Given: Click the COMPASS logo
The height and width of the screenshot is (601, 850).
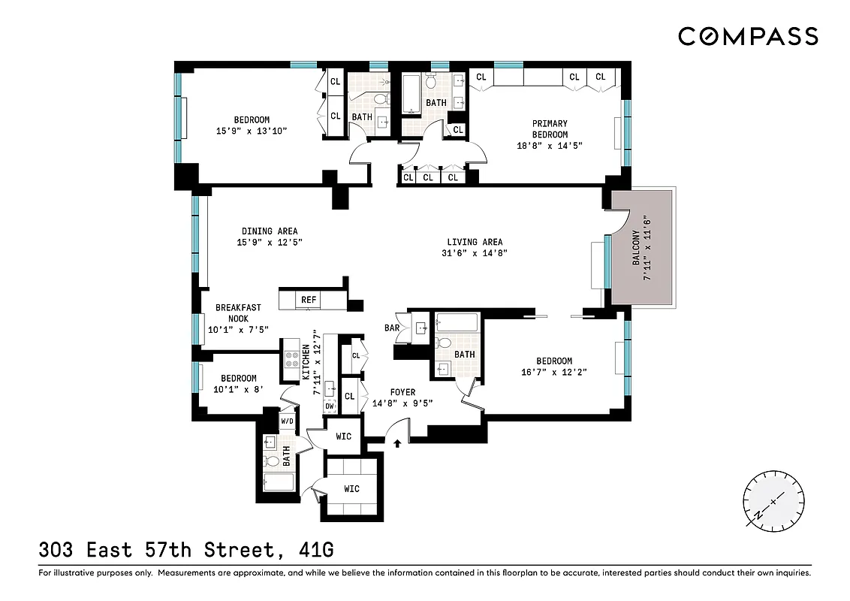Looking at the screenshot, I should point(748,35).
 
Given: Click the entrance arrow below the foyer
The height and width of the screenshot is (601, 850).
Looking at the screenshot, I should point(397,444).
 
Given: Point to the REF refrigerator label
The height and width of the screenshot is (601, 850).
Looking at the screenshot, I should point(309,300).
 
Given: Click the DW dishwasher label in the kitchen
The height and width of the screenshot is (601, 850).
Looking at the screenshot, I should point(329,406).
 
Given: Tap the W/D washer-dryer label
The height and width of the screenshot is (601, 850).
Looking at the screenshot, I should point(287,421).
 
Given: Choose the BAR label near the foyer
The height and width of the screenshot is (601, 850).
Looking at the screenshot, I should point(391,328).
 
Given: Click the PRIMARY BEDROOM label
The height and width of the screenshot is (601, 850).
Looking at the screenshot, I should point(550,128).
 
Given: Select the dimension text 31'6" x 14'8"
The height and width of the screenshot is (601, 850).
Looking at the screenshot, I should point(475,253).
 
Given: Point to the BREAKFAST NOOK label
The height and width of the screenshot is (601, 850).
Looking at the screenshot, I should point(239,313).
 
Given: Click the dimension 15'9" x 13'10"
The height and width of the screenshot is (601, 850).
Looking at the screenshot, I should point(252,131).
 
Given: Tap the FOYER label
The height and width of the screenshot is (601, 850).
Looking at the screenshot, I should point(402,392).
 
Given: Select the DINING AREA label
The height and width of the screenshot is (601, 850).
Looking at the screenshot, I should point(270,231).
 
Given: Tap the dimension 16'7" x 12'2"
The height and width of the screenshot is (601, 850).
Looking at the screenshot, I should point(554,372).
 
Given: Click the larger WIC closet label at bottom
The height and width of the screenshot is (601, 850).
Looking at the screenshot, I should point(352,489).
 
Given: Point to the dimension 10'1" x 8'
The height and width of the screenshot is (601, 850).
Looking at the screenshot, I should point(234,389).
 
